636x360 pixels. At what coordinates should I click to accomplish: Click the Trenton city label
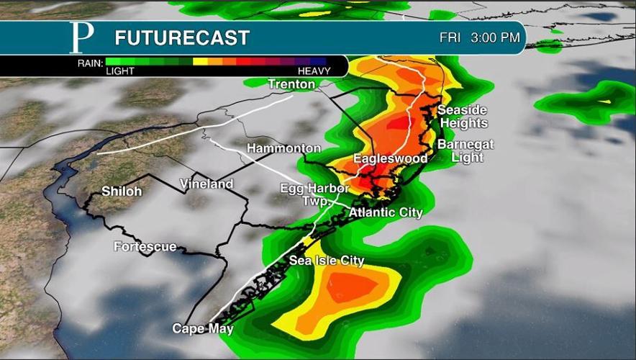[291, 84]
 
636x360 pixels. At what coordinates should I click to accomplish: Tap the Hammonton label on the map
[283, 148]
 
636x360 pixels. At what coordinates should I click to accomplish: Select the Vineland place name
[206, 184]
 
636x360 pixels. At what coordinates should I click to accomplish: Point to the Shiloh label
[122, 192]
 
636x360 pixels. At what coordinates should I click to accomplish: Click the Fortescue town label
[145, 247]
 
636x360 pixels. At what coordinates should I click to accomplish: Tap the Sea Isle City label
[327, 261]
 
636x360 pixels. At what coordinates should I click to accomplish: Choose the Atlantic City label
[386, 212]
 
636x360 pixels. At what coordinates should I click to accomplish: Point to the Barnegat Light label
[465, 150]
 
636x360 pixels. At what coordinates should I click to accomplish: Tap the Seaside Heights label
[463, 116]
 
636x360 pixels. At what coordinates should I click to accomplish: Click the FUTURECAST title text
[182, 38]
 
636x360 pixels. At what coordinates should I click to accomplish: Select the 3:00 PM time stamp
[496, 37]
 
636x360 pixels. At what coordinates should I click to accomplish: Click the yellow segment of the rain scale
[200, 61]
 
